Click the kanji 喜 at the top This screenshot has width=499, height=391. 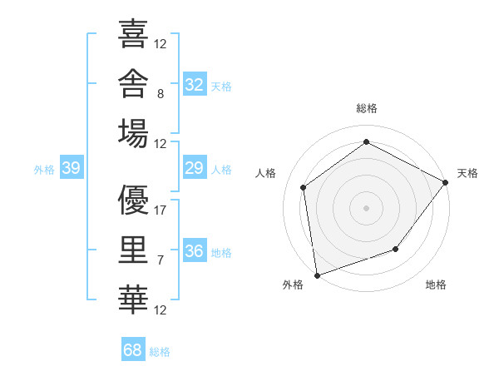coord(133,33)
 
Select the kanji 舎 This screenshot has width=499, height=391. coord(133,83)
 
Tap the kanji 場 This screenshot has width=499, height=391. coord(133,133)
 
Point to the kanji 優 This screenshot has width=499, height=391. coord(133,200)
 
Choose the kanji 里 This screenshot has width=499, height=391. coord(133,250)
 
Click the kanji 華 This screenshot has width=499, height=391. coord(133,299)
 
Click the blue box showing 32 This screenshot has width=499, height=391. coord(195,84)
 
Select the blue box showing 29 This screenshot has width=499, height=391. coord(195,167)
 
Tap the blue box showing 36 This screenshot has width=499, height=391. coord(195,250)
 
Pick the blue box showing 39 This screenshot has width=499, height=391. coord(72,167)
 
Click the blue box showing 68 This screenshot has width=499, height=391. coord(133,349)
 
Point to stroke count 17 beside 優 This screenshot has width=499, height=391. coord(160,210)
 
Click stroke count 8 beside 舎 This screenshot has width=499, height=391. coord(161,94)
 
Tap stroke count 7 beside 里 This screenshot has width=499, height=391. coord(161,260)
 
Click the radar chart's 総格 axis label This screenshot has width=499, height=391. coord(367,108)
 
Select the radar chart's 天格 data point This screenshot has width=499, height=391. coord(445,182)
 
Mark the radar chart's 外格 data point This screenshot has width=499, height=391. coord(318,275)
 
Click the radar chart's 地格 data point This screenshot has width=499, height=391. coord(396,249)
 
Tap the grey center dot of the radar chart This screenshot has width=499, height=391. coord(366,208)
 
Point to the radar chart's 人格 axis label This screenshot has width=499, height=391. coord(265,173)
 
